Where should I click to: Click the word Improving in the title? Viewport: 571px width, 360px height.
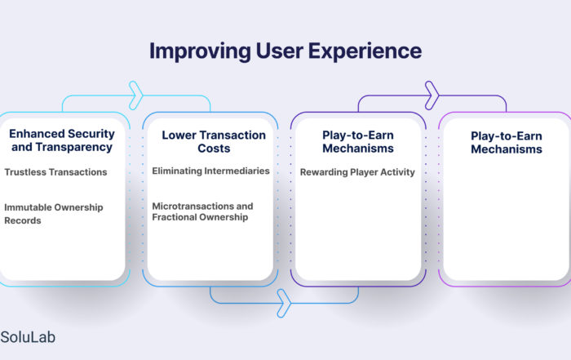point(200,51)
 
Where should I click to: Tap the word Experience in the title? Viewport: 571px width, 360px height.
point(365,51)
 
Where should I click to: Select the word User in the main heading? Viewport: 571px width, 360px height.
point(279,51)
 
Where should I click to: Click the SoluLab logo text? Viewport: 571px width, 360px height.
point(28,337)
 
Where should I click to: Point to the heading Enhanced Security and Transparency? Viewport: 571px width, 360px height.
point(62,140)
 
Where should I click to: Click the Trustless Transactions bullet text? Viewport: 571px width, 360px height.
point(55,172)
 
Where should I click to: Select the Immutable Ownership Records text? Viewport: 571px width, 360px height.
point(54,214)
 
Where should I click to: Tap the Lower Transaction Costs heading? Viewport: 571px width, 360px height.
point(214,141)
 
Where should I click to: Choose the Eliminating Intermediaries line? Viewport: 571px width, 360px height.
point(210,171)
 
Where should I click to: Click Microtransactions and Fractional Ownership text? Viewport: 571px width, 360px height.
point(202,211)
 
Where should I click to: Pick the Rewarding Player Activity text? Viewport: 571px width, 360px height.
point(357,172)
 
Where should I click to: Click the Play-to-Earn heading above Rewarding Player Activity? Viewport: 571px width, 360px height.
point(358,141)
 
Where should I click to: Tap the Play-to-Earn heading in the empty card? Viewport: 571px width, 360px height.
point(507,143)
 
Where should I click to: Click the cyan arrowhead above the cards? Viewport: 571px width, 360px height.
point(136,96)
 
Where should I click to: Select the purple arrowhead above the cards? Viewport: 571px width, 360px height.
point(432,96)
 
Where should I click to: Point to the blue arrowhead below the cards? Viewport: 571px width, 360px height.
point(284,303)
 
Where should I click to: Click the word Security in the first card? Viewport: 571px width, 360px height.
point(91,134)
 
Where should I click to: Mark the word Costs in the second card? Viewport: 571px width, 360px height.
point(214,149)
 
